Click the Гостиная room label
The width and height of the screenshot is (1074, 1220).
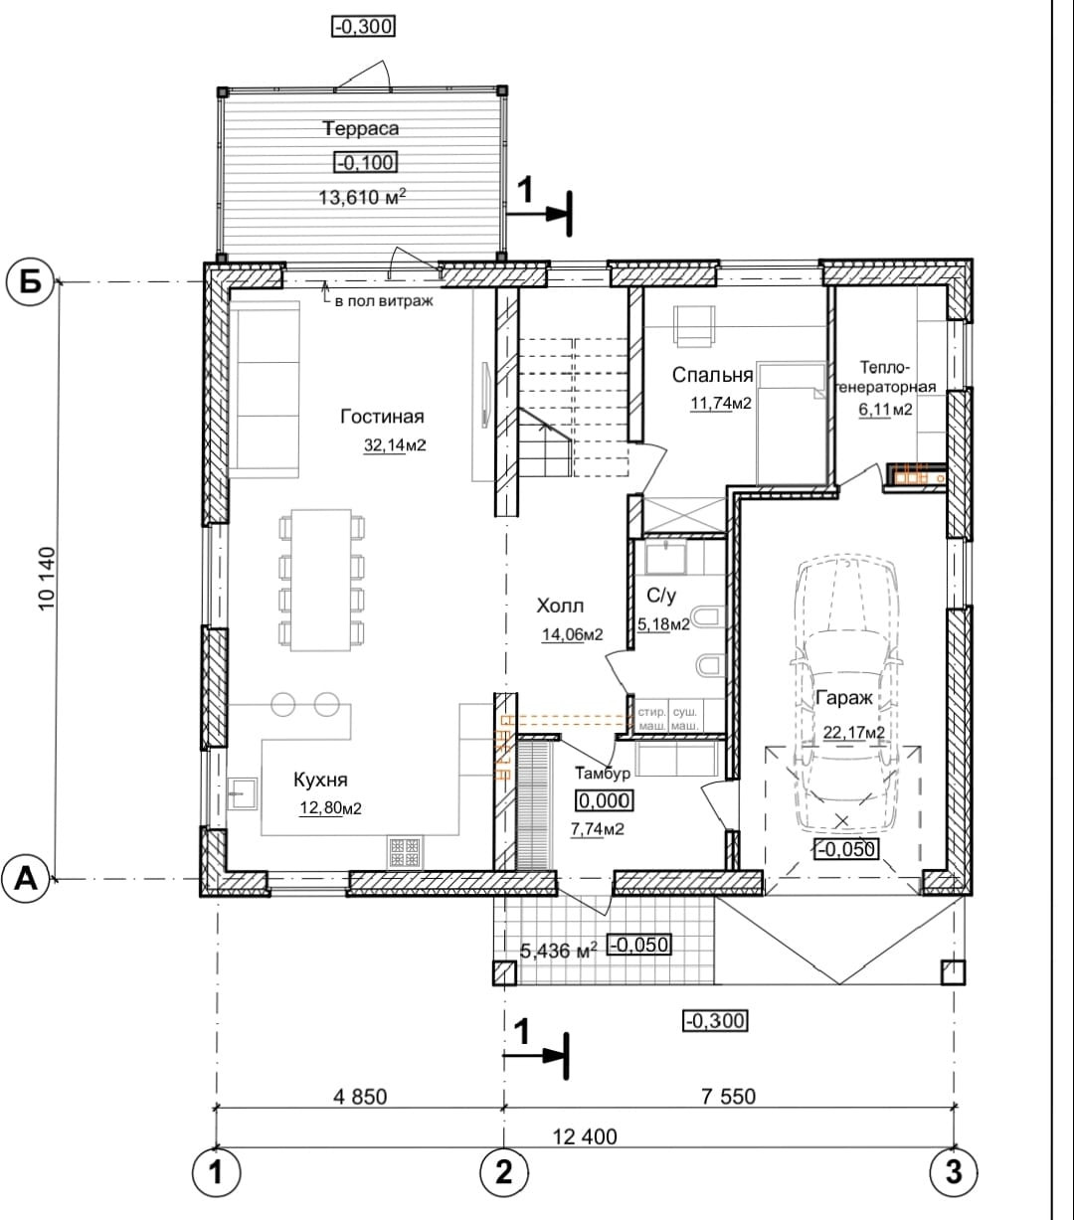click(382, 416)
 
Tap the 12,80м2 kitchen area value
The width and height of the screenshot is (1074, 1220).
click(331, 807)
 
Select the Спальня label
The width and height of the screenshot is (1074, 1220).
click(713, 375)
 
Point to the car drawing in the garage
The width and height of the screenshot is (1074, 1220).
click(846, 698)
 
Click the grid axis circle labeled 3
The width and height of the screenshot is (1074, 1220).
click(954, 1172)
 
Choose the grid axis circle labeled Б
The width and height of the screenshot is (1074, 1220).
click(31, 281)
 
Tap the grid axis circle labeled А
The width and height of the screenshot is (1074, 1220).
click(25, 879)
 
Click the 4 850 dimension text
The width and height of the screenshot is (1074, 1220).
click(360, 1097)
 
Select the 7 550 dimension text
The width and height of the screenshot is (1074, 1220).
click(728, 1097)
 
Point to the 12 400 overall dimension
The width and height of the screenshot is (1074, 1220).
click(585, 1136)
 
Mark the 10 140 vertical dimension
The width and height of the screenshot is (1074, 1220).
click(47, 579)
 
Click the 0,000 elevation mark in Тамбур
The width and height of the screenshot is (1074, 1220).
click(605, 800)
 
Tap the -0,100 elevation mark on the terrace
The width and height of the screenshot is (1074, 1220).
click(366, 163)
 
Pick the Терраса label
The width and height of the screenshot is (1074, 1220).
click(361, 128)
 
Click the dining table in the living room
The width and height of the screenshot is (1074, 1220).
click(321, 580)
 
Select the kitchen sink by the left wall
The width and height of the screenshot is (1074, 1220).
click(242, 793)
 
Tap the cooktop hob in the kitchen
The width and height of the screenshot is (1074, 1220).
click(404, 852)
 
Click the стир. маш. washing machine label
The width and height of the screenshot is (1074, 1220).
click(651, 719)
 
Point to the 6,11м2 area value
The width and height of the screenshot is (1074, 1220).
click(885, 410)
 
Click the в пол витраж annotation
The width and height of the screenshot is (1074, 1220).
click(384, 301)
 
